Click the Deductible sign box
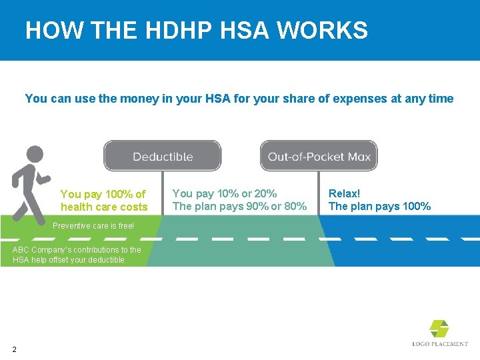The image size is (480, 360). [x=162, y=156]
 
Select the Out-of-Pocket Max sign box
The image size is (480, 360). [x=319, y=156]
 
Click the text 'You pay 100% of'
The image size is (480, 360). [x=103, y=194]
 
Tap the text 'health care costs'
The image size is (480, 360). [x=104, y=207]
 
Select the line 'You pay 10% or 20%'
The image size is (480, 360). [x=224, y=193]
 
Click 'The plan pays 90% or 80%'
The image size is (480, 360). [x=239, y=207]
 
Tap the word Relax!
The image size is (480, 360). [x=344, y=193]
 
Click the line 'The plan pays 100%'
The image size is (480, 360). [x=379, y=207]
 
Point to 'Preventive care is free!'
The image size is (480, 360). [x=93, y=226]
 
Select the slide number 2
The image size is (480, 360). [x=14, y=349]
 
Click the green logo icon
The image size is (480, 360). [x=439, y=328]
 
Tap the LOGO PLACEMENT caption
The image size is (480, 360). [x=440, y=344]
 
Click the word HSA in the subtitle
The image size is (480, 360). [x=217, y=99]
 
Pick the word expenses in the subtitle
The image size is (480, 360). [x=365, y=99]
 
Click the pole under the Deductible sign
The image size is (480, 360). [x=162, y=193]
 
